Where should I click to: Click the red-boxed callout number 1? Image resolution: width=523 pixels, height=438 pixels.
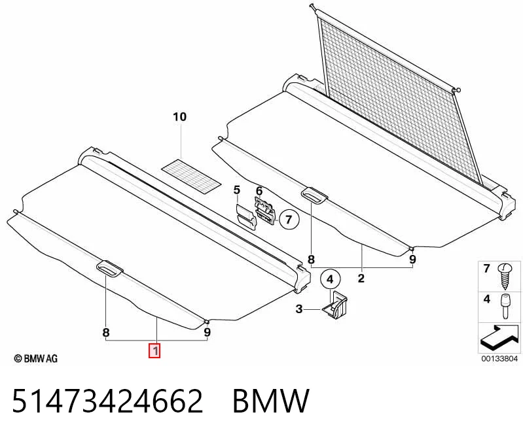pyautogui.click(x=154, y=351)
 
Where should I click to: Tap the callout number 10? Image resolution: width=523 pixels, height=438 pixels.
pyautogui.click(x=179, y=117)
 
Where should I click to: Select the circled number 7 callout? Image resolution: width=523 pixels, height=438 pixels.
pyautogui.click(x=289, y=220)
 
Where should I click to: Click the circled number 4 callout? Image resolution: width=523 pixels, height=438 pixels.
pyautogui.click(x=330, y=279)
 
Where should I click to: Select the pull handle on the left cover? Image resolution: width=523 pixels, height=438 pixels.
pyautogui.click(x=109, y=268)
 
